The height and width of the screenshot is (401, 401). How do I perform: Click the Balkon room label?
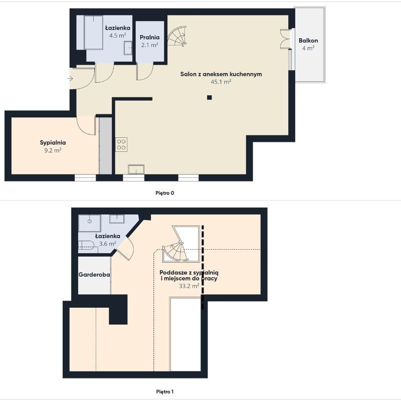point(308,41)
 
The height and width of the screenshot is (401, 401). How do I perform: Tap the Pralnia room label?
point(149,37)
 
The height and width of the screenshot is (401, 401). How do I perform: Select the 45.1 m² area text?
point(221,82)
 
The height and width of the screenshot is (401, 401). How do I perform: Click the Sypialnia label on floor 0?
point(53,143)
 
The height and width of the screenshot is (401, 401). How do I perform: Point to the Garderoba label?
point(94,275)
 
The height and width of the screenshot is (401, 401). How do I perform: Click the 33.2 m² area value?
point(189,286)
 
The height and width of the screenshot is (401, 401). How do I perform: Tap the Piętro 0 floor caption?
point(165,193)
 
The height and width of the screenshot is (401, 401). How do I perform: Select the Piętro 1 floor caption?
point(165,391)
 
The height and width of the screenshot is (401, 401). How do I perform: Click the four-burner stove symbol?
point(121,144)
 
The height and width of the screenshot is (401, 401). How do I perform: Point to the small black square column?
point(210,97)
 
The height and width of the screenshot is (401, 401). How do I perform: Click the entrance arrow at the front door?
point(70,79)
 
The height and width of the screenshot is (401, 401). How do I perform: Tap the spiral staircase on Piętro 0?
point(177,36)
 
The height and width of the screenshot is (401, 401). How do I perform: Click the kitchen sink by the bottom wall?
point(136,169)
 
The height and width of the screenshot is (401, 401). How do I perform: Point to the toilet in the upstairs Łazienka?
point(86,245)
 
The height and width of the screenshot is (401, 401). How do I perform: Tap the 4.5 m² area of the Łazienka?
point(117,35)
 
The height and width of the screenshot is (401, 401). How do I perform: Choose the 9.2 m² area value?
point(53,150)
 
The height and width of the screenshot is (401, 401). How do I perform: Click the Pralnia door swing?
point(145,71)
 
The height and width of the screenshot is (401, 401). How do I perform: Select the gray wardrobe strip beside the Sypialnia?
point(105,146)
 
